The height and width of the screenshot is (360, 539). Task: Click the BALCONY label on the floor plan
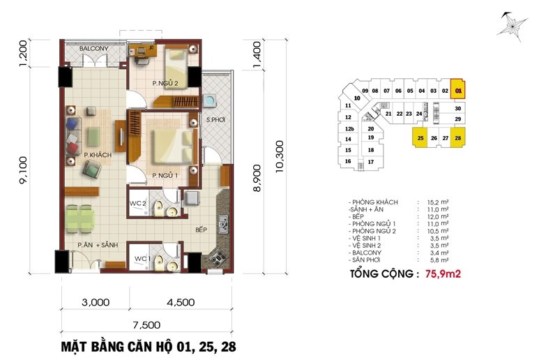[93, 48]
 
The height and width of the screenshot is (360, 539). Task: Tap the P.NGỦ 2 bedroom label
[165, 83]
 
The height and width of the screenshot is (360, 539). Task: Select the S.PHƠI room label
[215, 120]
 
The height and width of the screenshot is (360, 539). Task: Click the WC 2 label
[137, 203]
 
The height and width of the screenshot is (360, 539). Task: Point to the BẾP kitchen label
[201, 230]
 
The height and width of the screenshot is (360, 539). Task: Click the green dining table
[80, 219]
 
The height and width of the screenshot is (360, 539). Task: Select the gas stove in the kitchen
[218, 257]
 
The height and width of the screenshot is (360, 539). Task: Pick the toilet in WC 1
[159, 263]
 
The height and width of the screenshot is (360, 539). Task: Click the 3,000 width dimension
[96, 302]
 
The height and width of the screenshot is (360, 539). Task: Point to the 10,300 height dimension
[280, 156]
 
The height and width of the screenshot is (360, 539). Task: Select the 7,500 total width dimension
[146, 325]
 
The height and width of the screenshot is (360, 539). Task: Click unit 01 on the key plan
[458, 90]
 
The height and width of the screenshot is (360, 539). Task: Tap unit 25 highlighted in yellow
[420, 137]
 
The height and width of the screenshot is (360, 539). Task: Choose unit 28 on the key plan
[458, 137]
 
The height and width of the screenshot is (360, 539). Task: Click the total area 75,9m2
[443, 274]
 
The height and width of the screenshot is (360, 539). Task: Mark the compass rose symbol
[512, 27]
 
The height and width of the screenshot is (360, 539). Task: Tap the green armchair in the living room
[91, 169]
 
